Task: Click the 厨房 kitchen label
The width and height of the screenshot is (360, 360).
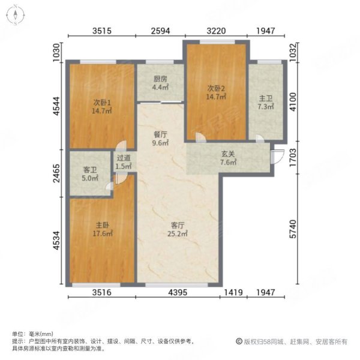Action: (160, 77)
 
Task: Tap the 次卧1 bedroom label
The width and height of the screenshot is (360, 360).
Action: (100, 101)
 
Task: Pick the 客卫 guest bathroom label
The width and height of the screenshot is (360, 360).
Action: (89, 170)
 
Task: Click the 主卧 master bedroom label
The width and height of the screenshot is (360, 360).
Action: (101, 226)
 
